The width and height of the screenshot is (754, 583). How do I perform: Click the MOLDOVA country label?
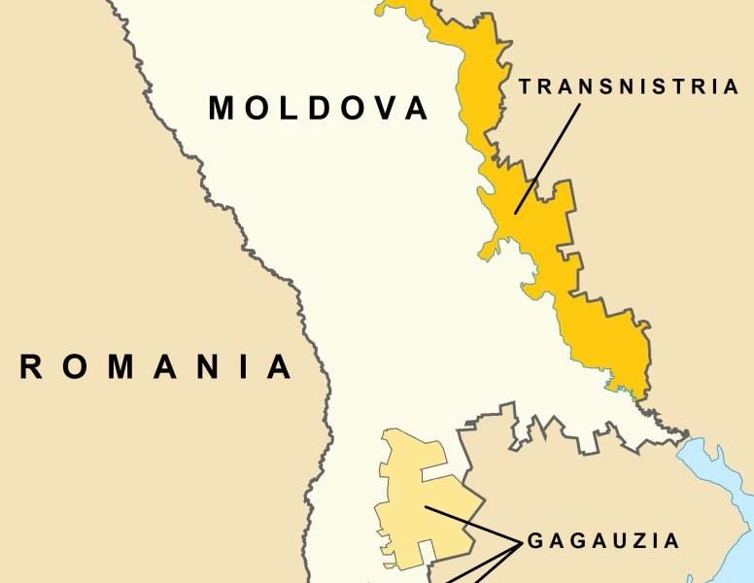(x=319, y=108)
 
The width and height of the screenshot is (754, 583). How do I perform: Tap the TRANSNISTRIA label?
(x=629, y=86)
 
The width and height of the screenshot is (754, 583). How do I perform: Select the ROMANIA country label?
(x=155, y=367)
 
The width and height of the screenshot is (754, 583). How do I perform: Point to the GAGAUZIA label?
(x=603, y=541)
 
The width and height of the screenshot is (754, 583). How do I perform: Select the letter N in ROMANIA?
(x=198, y=367)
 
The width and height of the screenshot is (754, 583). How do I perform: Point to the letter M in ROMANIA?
(x=116, y=367)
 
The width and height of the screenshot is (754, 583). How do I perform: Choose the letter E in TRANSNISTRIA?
(x=630, y=86)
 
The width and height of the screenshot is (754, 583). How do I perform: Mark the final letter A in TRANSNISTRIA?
(x=732, y=86)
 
